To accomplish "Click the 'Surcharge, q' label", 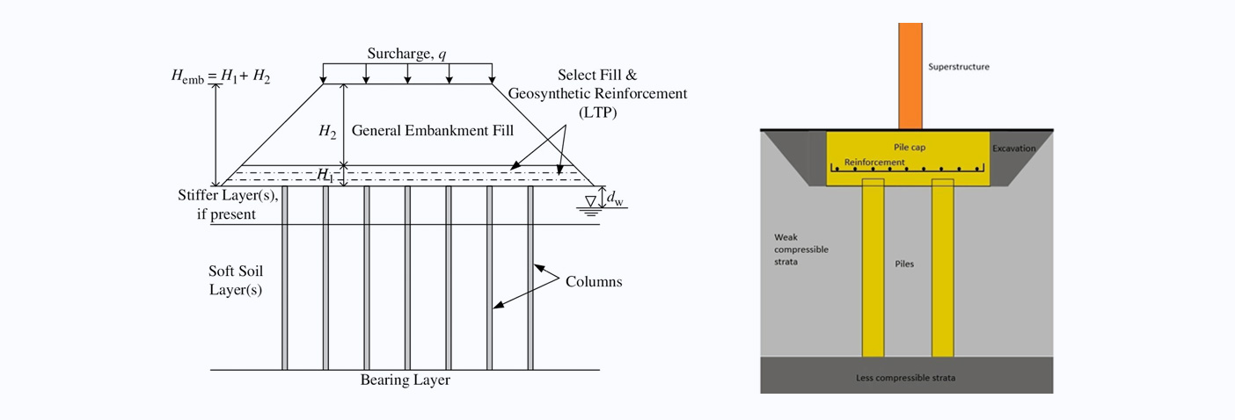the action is [407, 54].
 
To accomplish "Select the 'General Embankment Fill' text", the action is [433, 130].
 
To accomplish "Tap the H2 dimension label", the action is [327, 132].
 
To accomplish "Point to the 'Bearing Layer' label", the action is [406, 380].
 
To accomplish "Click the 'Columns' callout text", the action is [594, 282].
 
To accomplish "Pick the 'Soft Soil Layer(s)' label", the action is [236, 280].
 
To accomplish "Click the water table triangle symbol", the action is [590, 201].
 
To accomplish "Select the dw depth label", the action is [615, 199].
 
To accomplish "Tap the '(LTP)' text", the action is [597, 112].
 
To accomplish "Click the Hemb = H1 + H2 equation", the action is [221, 76].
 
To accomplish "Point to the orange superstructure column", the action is [910, 76].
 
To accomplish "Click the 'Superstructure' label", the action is [959, 67].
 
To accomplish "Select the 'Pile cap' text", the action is [910, 147].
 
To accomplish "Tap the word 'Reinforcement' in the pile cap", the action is [874, 163].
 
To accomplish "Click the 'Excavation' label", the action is [1014, 148].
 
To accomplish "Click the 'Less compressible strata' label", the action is [906, 378].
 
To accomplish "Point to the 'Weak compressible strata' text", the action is [801, 250].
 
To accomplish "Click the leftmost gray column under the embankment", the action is [284, 278].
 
